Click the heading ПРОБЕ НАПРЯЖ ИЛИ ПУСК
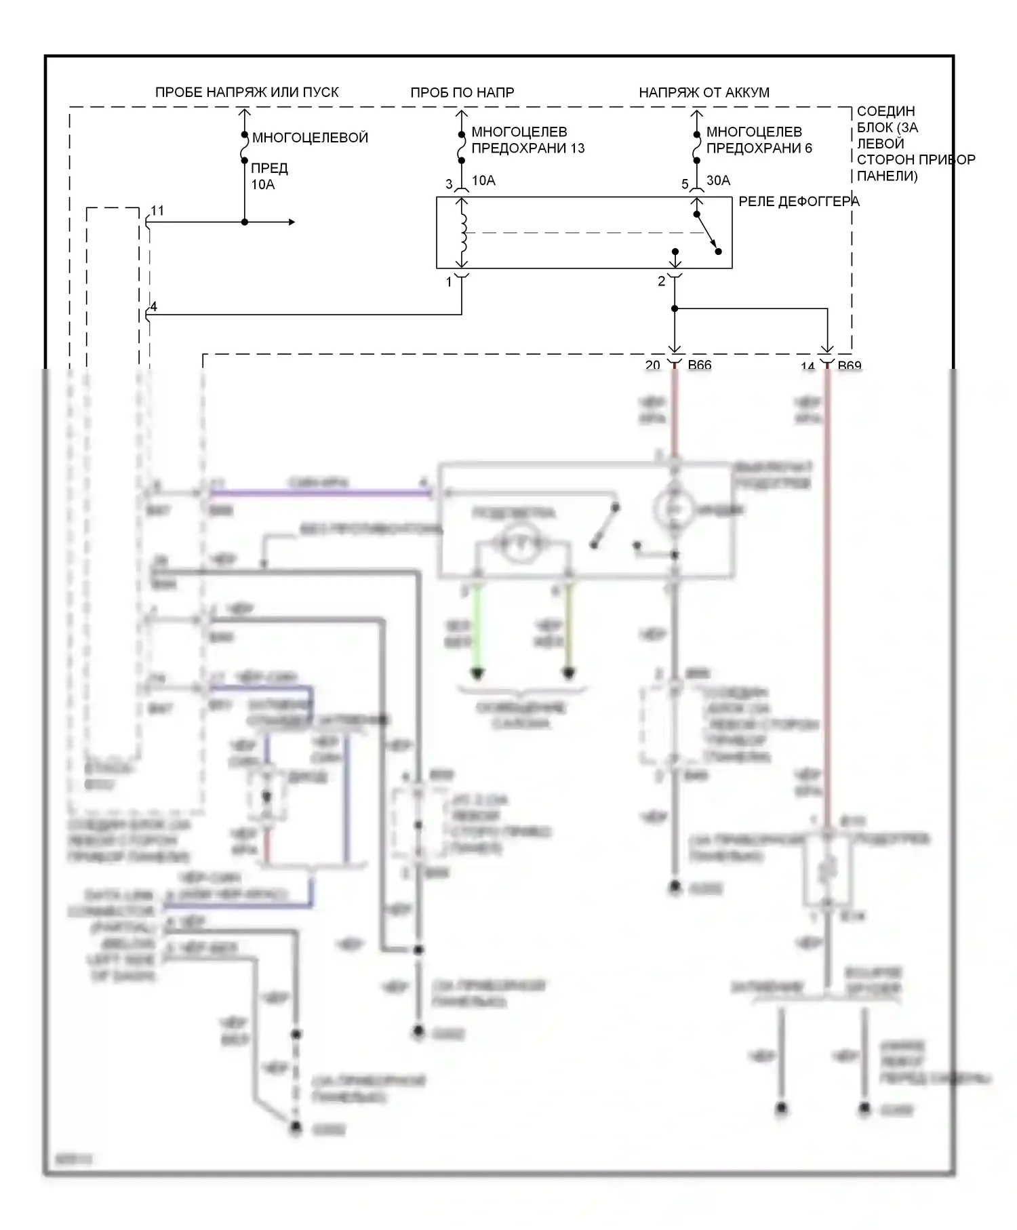(x=247, y=92)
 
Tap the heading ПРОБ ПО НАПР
(x=462, y=92)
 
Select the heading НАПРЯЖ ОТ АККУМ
(x=704, y=92)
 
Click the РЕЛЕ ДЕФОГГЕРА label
(x=799, y=201)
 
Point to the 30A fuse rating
(x=719, y=180)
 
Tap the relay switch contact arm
(x=706, y=233)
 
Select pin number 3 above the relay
(x=449, y=184)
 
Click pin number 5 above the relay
(x=685, y=184)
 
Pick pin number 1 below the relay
(x=449, y=281)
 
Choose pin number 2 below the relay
(x=662, y=281)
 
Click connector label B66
(x=700, y=365)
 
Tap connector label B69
(x=850, y=366)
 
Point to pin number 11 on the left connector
(x=157, y=211)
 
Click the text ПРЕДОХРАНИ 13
(x=527, y=148)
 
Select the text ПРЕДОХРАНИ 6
(x=759, y=148)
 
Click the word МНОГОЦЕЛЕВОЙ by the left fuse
(x=310, y=138)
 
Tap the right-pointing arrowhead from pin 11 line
(x=292, y=222)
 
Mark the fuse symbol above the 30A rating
(x=696, y=148)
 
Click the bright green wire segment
(x=478, y=627)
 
